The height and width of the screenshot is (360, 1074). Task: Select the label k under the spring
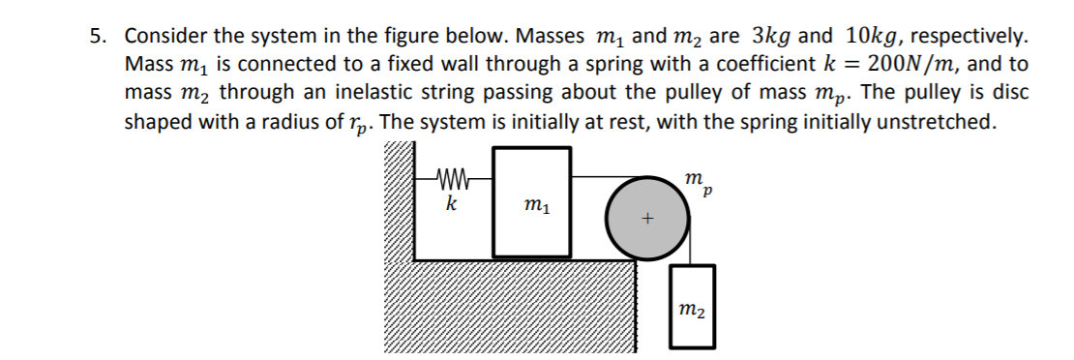451,205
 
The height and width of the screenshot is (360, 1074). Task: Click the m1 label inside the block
531,205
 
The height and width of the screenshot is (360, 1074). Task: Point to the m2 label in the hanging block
692,309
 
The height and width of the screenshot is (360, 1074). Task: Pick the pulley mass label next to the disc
694,181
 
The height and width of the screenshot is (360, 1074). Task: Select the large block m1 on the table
531,232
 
